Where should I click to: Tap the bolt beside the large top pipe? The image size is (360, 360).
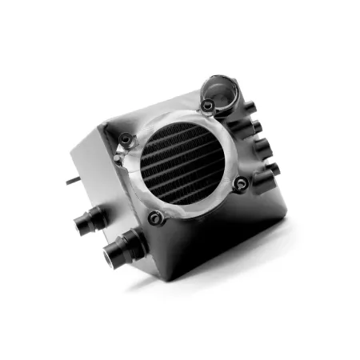click(208, 106)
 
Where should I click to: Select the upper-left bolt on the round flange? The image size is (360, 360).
click(125, 141)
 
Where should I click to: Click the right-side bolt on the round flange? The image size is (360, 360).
click(242, 185)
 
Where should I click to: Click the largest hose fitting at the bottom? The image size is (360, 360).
click(120, 251)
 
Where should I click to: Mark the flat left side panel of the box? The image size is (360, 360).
click(92, 176)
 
